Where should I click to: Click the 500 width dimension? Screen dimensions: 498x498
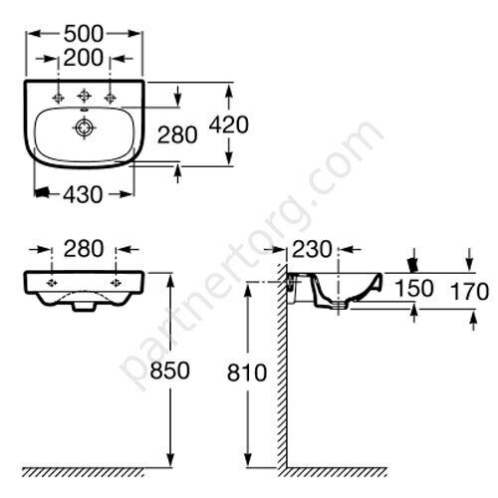pos(84,34)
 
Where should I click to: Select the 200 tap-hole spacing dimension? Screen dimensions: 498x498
pos(84,58)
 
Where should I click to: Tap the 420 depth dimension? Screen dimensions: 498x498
pos(229,124)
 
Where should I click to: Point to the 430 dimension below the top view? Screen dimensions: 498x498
pos(83,194)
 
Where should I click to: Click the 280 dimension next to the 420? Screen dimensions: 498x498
pos(177,134)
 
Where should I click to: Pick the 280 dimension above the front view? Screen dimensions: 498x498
pos(84,249)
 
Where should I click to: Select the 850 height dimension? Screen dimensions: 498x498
pos(169,371)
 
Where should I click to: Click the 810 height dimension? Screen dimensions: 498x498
pos(247,373)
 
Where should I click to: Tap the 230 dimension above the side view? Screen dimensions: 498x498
pos(312,249)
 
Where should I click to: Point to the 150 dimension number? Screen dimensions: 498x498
pos(414,288)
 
